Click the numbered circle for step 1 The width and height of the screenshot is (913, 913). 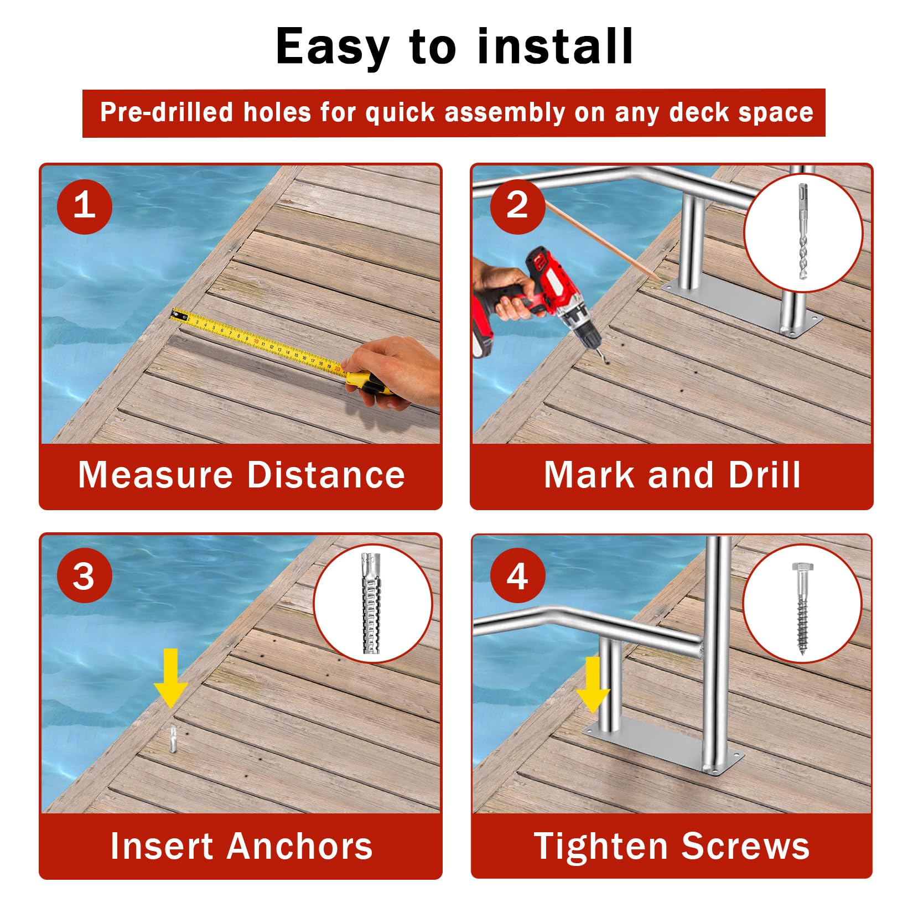(84, 206)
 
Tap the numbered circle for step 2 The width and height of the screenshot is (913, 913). (517, 206)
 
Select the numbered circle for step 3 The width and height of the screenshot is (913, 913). (84, 575)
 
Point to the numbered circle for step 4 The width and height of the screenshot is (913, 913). (517, 575)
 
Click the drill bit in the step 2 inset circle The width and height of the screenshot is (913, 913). (802, 232)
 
